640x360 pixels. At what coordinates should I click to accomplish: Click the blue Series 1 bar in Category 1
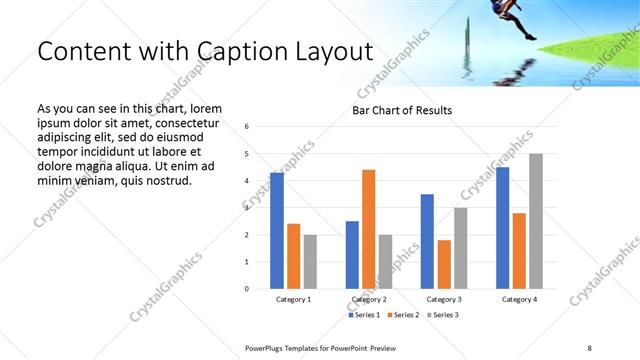tap(277, 231)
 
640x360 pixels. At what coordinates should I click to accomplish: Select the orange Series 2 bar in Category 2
tap(368, 229)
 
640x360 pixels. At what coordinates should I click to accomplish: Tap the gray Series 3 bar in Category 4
tap(536, 221)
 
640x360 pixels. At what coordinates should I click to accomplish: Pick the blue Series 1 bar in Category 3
tap(427, 241)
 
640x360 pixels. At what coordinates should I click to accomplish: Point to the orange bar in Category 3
tap(444, 264)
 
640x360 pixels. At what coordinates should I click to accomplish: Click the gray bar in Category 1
tap(310, 262)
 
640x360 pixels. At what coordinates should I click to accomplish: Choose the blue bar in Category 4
tap(503, 228)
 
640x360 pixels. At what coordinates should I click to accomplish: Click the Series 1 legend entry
tap(364, 315)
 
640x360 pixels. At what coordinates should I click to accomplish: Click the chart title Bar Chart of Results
tap(402, 110)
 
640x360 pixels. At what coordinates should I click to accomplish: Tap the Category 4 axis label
tap(519, 300)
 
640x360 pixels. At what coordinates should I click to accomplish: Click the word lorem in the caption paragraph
tap(203, 108)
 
